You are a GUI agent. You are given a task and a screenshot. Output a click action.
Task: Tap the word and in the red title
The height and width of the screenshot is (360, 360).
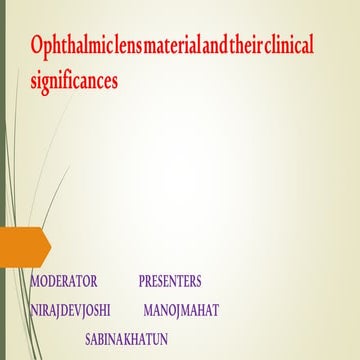coord(234,46)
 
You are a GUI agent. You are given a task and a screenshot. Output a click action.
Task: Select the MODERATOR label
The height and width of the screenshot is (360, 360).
coord(64,282)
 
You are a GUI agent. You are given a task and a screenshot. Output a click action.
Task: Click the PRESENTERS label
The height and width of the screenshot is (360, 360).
coord(170,282)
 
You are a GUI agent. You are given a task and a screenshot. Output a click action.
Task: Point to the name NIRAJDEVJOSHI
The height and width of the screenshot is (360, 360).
coord(70,310)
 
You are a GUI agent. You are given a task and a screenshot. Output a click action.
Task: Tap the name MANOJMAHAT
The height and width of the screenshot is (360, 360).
coord(181,310)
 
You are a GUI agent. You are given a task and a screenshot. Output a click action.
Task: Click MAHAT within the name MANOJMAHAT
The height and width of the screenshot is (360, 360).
coord(199,310)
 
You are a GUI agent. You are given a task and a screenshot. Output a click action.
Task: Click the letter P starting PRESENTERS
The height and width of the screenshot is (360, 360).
coord(142,282)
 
